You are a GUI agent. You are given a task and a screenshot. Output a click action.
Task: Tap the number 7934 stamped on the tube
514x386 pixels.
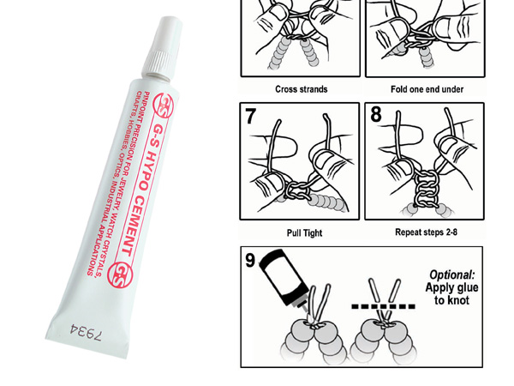(87, 332)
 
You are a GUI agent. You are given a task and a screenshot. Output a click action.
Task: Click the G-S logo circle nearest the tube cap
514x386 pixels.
(164, 105)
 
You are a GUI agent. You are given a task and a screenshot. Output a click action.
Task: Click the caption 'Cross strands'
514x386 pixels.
(302, 89)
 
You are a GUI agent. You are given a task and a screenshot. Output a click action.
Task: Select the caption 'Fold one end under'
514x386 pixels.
(427, 89)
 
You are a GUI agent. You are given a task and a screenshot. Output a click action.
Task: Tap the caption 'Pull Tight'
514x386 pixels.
(304, 233)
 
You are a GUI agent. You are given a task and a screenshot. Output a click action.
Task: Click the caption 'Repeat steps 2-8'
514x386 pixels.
(426, 232)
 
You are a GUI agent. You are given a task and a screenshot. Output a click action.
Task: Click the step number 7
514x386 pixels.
(250, 116)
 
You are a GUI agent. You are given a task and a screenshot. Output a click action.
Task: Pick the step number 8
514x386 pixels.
(376, 114)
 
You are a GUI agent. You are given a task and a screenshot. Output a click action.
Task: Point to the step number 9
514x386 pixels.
(250, 260)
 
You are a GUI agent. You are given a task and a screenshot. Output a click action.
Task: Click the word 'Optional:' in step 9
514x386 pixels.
(451, 275)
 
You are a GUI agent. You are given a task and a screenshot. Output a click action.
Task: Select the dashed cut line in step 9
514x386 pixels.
(383, 306)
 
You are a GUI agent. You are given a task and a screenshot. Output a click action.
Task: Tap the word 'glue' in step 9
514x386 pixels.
(465, 288)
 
